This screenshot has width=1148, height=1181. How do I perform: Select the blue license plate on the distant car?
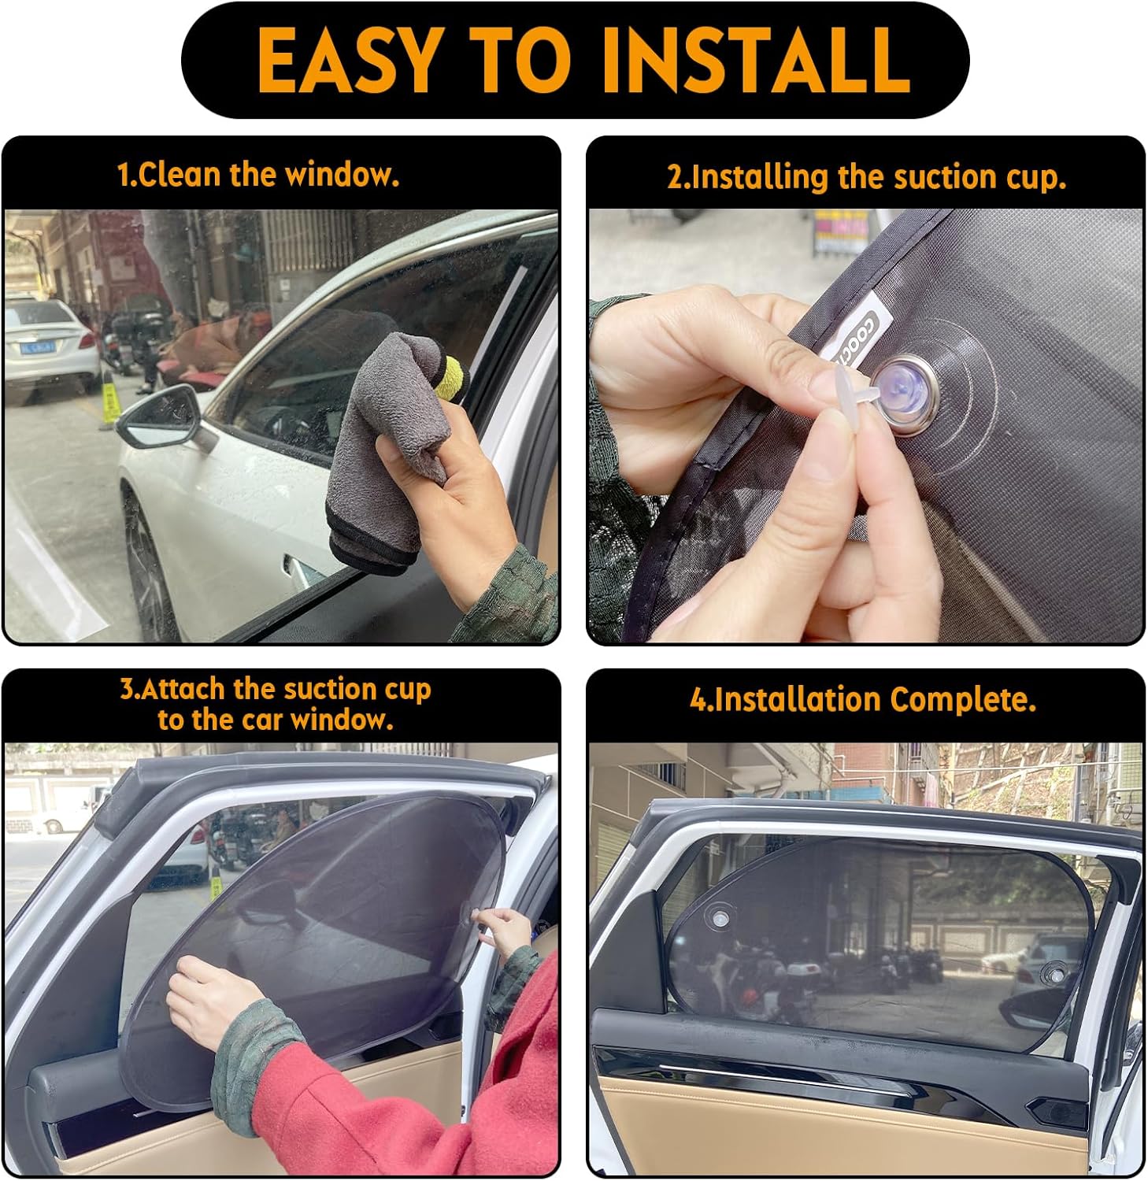click(x=38, y=346)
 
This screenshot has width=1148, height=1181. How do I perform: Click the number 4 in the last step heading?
click(x=698, y=699)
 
